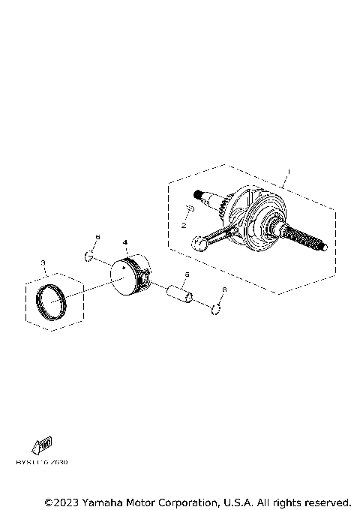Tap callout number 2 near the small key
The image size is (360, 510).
point(182,224)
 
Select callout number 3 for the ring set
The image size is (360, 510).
point(44,262)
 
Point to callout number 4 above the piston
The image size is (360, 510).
point(125,242)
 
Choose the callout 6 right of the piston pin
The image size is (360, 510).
point(223,289)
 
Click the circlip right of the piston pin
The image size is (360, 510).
point(215,308)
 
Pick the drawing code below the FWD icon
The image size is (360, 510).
point(41,463)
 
